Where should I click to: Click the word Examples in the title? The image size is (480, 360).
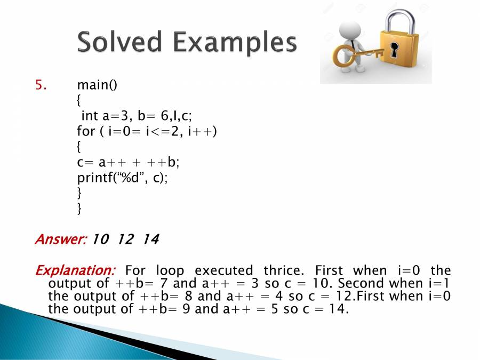(x=235, y=43)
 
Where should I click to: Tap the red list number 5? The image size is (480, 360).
(x=41, y=85)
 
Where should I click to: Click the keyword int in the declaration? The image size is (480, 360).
(x=90, y=116)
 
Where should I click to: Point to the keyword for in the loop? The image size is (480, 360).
(x=86, y=131)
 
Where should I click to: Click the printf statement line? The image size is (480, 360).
(x=123, y=178)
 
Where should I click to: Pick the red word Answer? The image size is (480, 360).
(x=61, y=239)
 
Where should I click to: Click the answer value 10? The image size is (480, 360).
(x=100, y=239)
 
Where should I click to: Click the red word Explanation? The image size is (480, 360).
(x=75, y=270)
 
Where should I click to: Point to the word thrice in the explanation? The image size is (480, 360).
(x=284, y=270)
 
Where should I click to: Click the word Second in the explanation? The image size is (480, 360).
(x=361, y=283)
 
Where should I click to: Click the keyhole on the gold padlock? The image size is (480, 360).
(x=394, y=50)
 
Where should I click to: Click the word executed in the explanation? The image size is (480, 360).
(x=224, y=270)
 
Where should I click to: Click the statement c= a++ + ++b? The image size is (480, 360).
(x=128, y=162)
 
